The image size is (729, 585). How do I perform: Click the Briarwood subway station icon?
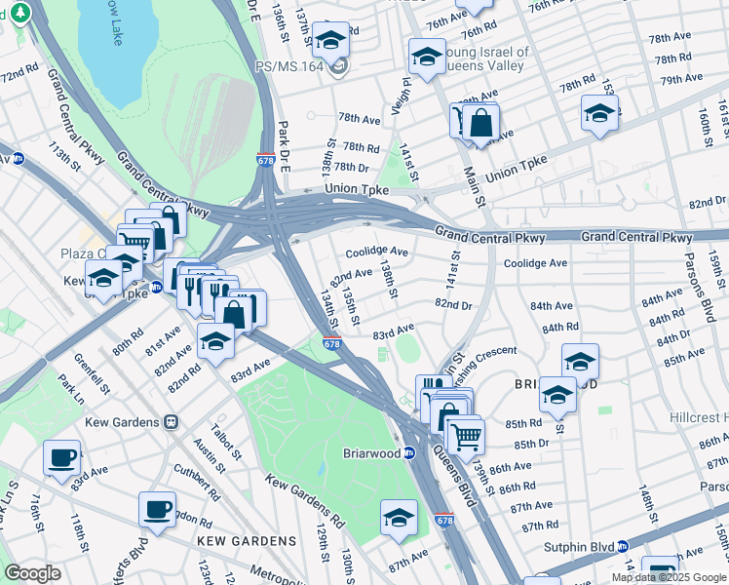point(409,452)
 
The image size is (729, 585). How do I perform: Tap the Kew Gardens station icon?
point(171,422)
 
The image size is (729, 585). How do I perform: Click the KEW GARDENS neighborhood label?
point(246,540)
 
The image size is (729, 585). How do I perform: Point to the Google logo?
point(32,573)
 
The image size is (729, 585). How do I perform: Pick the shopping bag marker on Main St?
point(481,124)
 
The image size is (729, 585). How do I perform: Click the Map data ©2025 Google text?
point(669,577)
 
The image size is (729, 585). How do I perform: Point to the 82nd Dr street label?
point(453,304)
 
